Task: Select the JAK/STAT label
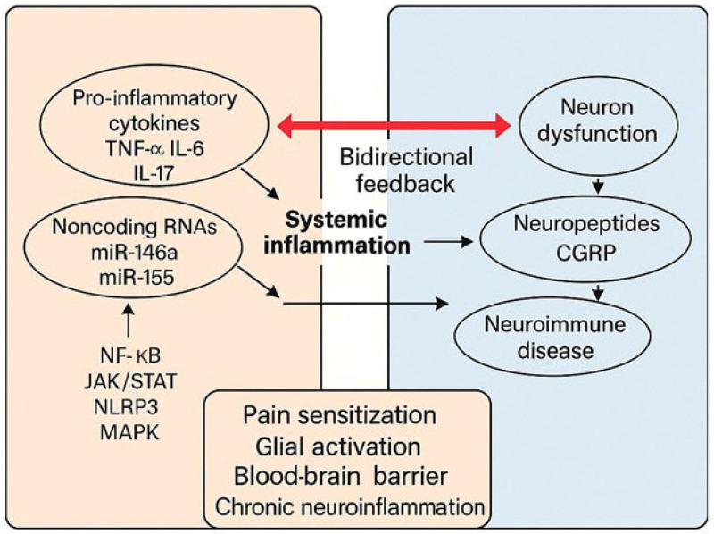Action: [135, 382]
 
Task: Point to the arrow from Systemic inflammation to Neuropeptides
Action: [450, 241]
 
